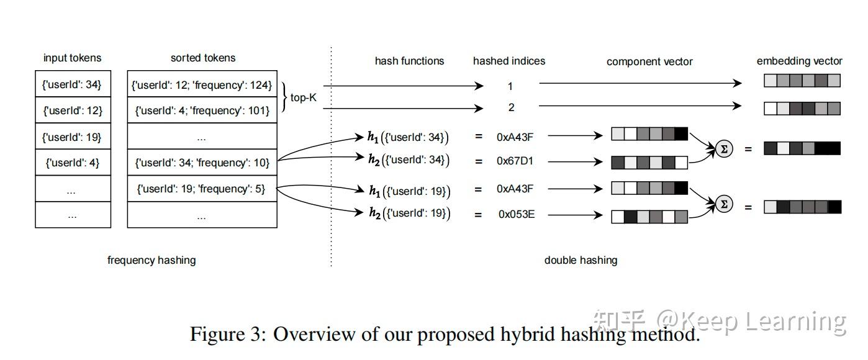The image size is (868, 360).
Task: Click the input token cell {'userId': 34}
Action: (x=72, y=84)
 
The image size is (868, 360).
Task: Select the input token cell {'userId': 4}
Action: (x=72, y=163)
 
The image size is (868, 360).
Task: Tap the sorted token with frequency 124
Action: (x=202, y=84)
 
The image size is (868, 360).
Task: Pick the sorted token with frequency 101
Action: (x=202, y=110)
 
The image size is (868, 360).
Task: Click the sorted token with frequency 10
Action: (x=202, y=163)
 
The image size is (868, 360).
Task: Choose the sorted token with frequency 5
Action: (x=202, y=189)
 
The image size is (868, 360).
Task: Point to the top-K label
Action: (x=304, y=97)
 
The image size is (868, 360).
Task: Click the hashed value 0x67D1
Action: (x=515, y=161)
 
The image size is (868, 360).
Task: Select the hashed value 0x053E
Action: (x=516, y=215)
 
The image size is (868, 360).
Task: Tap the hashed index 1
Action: (x=510, y=86)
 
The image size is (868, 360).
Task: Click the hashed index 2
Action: (x=511, y=107)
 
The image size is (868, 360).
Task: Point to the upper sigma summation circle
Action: (x=724, y=149)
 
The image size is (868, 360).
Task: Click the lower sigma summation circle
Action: (x=724, y=204)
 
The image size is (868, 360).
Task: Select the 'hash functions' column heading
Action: (x=409, y=61)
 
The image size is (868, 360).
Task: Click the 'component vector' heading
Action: (x=649, y=61)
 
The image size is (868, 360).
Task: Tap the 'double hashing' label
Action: (x=581, y=260)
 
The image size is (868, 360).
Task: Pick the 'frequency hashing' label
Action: (x=151, y=260)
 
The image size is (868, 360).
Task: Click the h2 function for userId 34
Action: (x=408, y=160)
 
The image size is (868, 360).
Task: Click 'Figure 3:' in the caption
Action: (x=228, y=334)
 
